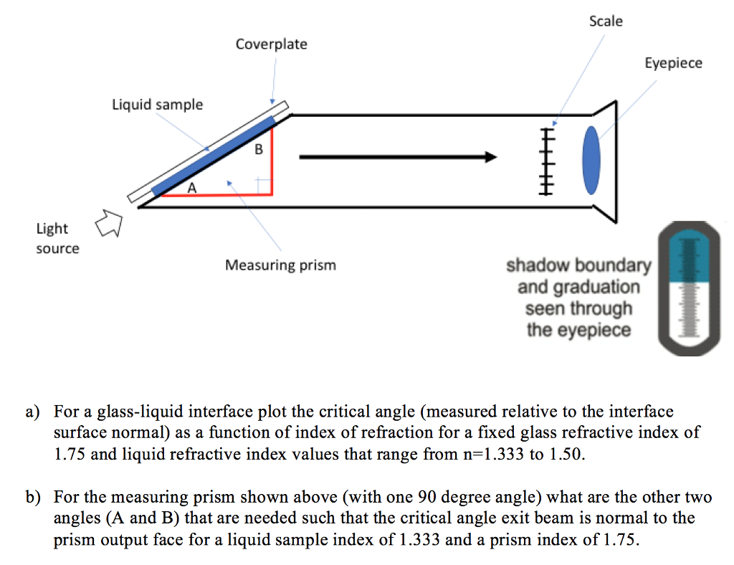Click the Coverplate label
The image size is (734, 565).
click(271, 44)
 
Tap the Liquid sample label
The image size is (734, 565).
click(157, 105)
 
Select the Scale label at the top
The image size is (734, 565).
click(606, 22)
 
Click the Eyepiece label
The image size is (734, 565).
click(673, 63)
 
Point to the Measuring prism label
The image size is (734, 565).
click(280, 265)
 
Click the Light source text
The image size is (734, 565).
click(57, 239)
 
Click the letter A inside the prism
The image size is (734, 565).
click(191, 189)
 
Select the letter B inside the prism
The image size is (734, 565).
click(259, 151)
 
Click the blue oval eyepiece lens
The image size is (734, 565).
click(592, 159)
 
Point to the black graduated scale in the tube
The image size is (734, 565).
click(547, 159)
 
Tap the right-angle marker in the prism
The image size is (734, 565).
click(264, 186)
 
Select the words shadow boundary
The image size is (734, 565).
click(578, 266)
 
